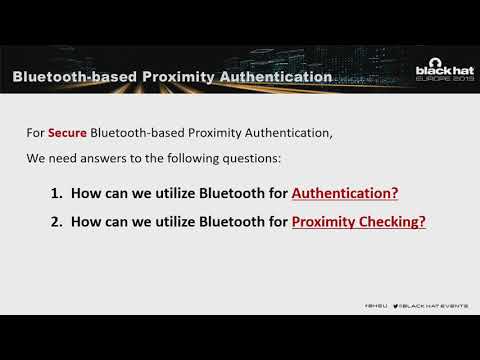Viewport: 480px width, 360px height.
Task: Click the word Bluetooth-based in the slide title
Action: (69, 77)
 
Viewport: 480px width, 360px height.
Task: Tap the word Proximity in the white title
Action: (175, 77)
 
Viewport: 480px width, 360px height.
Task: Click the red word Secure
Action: (68, 133)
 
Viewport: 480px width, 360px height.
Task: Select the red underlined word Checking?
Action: (395, 222)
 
